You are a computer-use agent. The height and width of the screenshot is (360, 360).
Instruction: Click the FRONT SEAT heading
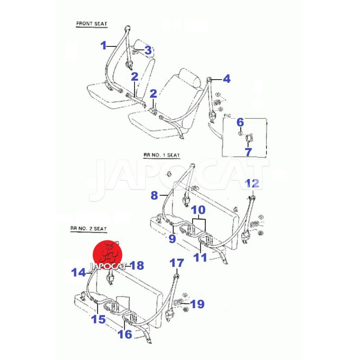pyautogui.click(x=91, y=23)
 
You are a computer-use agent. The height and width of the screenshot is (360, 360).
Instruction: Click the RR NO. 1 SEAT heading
pyautogui.click(x=162, y=155)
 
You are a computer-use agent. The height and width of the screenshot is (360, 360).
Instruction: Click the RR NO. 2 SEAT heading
pyautogui.click(x=88, y=229)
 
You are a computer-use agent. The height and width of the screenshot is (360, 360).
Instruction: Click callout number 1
pyautogui.click(x=103, y=45)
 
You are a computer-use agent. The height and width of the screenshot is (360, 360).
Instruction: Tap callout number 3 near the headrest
pyautogui.click(x=148, y=51)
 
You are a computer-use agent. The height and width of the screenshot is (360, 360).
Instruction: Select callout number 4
pyautogui.click(x=226, y=79)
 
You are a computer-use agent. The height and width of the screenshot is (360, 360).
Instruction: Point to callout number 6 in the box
pyautogui.click(x=240, y=122)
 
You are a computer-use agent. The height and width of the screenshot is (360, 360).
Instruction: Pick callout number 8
pyautogui.click(x=154, y=195)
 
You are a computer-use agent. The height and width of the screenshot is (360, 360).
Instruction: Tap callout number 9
pyautogui.click(x=172, y=239)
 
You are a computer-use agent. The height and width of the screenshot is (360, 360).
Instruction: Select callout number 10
pyautogui.click(x=198, y=210)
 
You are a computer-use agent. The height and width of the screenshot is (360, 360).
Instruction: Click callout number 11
pyautogui.click(x=200, y=257)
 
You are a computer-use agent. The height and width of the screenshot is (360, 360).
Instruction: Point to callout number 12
pyautogui.click(x=252, y=183)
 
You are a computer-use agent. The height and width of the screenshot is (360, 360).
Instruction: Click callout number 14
pyautogui.click(x=78, y=272)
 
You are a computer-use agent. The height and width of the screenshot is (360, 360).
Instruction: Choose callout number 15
pyautogui.click(x=99, y=319)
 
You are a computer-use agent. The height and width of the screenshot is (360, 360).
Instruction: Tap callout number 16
pyautogui.click(x=125, y=334)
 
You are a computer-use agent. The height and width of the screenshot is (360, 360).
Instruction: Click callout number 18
pyautogui.click(x=136, y=265)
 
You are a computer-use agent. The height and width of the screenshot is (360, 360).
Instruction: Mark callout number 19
pyautogui.click(x=197, y=305)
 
